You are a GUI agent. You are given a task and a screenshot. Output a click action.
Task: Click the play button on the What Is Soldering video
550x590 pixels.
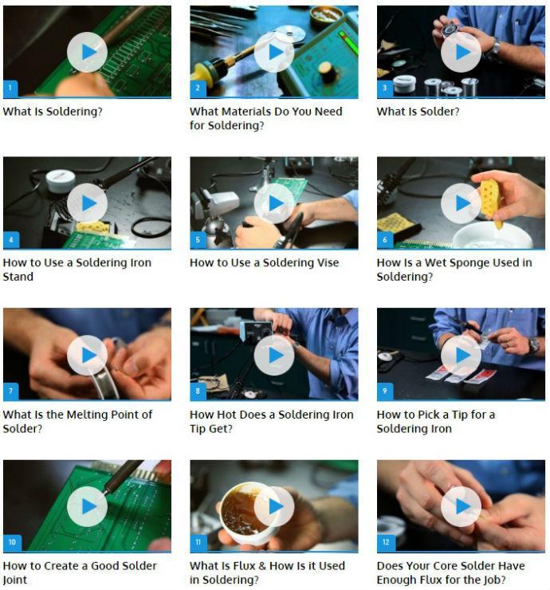pyautogui.click(x=87, y=52)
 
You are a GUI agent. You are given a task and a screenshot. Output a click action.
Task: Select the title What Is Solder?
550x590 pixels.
pyautogui.click(x=418, y=112)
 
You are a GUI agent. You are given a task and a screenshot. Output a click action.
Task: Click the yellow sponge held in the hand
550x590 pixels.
pyautogui.click(x=490, y=199)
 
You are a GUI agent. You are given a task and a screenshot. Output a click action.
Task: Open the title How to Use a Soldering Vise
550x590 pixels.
pyautogui.click(x=264, y=262)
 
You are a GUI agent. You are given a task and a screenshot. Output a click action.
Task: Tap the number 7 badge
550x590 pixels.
pyautogui.click(x=11, y=391)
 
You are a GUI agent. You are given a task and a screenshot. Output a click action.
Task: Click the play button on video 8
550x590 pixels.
pyautogui.click(x=274, y=355)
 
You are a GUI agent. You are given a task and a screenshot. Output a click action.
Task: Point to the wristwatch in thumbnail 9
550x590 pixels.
pyautogui.click(x=533, y=345)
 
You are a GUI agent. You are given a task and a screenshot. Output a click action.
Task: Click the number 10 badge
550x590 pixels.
pyautogui.click(x=12, y=543)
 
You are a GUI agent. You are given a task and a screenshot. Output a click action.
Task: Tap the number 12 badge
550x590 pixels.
pyautogui.click(x=386, y=543)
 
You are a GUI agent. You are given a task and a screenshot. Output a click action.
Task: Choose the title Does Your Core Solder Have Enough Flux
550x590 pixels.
pyautogui.click(x=450, y=572)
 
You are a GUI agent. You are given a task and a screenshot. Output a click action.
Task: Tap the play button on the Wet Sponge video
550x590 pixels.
pyautogui.click(x=461, y=203)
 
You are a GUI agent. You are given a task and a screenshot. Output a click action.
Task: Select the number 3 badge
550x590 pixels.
pyautogui.click(x=385, y=88)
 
